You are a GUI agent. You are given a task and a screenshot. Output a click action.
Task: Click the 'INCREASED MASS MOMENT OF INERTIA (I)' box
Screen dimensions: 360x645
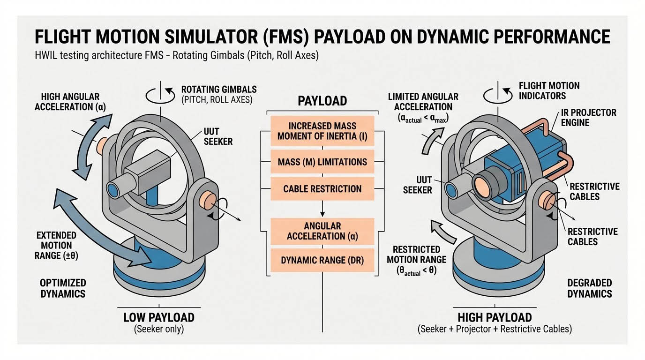pos(322,131)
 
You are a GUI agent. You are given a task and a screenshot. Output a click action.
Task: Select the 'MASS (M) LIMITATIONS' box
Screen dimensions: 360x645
pos(322,162)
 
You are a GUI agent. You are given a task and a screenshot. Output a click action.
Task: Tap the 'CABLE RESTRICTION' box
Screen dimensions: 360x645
pos(322,189)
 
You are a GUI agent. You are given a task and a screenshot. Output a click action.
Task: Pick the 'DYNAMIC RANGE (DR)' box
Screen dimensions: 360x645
pos(322,260)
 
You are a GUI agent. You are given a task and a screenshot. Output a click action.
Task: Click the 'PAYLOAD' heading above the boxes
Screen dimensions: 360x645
pos(322,101)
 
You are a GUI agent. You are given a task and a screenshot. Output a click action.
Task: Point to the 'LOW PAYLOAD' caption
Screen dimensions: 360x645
pos(158,317)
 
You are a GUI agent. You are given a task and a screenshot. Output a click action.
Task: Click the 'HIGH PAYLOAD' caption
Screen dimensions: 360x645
pos(495,317)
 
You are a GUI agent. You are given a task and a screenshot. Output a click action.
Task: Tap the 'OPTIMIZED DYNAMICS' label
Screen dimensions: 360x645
pos(62,288)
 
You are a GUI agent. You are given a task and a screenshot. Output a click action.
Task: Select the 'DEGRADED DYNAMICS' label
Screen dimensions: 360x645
pos(589,288)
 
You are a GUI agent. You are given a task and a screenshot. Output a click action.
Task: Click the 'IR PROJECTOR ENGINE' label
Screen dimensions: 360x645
pos(588,117)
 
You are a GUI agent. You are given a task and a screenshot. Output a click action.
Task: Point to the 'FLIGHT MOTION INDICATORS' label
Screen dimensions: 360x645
pos(549,91)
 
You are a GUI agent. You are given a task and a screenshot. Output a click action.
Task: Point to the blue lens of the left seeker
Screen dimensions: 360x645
pos(113,189)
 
